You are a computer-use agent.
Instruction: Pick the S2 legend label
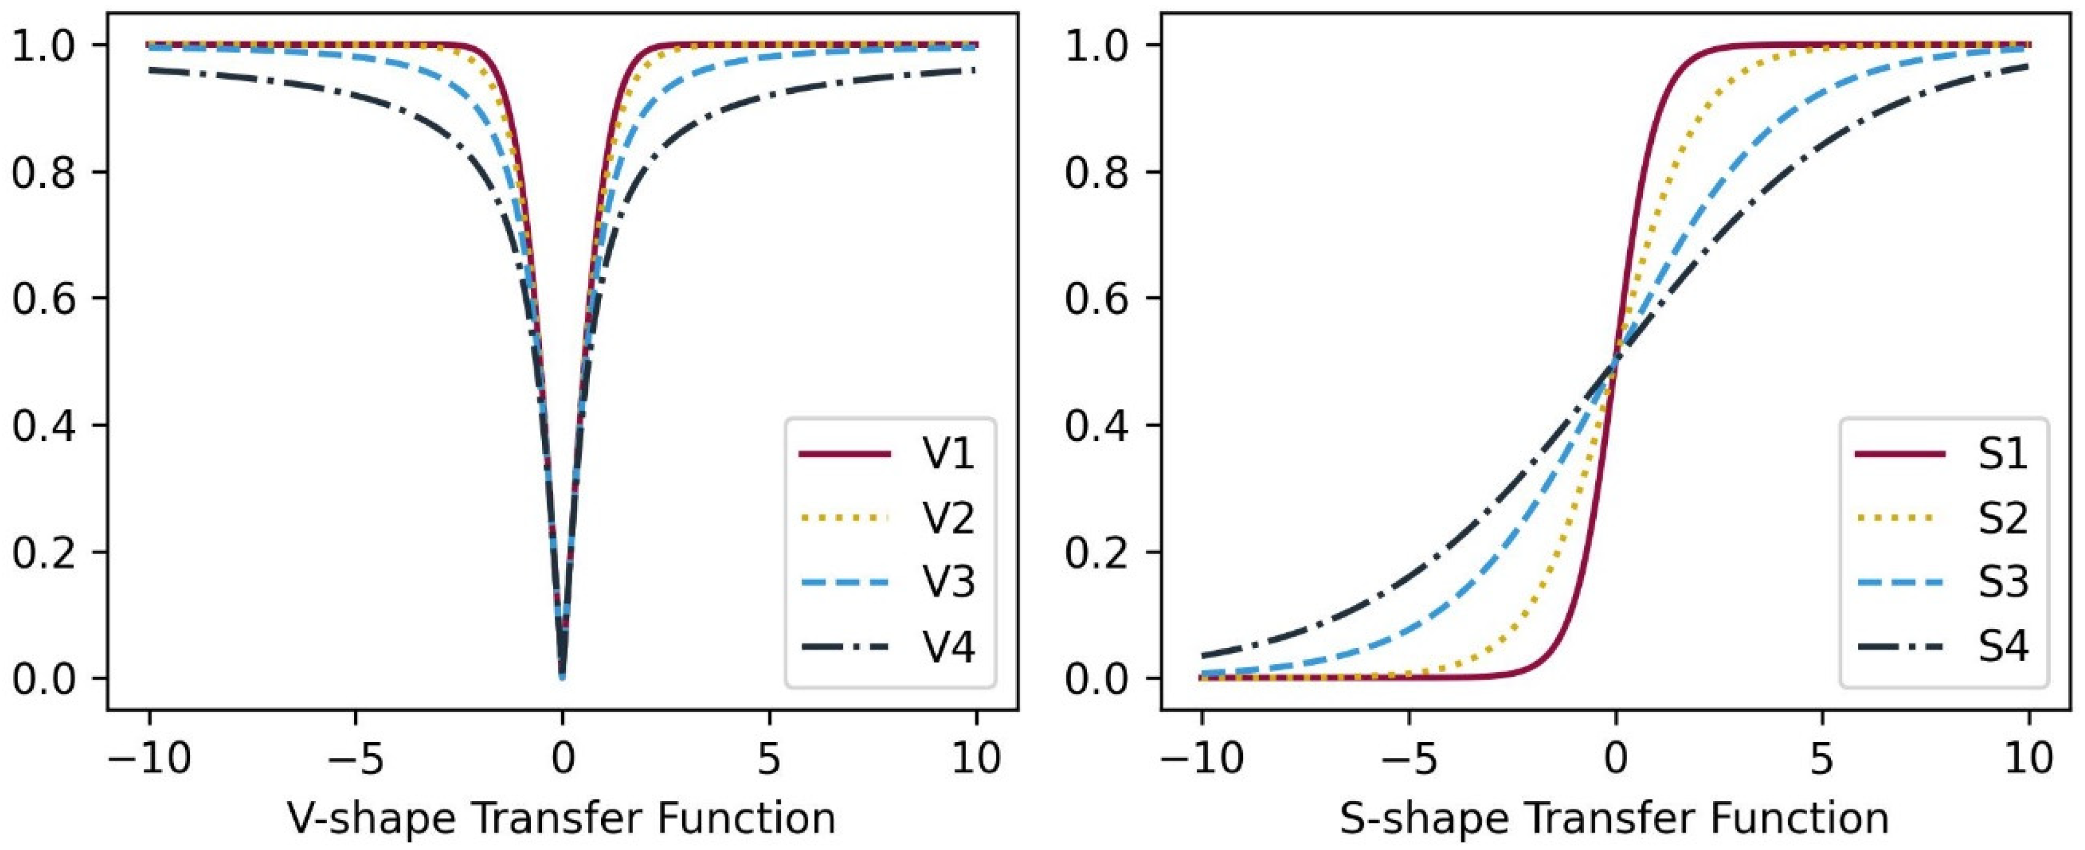pyautogui.click(x=2003, y=519)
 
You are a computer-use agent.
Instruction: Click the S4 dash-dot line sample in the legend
pyautogui.click(x=1899, y=647)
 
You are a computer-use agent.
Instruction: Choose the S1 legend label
pyautogui.click(x=2003, y=454)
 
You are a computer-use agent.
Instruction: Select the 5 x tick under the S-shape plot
pyautogui.click(x=1823, y=760)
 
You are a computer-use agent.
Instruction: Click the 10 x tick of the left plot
pyautogui.click(x=976, y=760)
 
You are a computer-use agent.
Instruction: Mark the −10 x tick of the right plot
pyautogui.click(x=1202, y=760)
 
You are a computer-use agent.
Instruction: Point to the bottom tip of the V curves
pyautogui.click(x=562, y=676)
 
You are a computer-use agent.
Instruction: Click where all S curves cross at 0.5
pyautogui.click(x=1615, y=362)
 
